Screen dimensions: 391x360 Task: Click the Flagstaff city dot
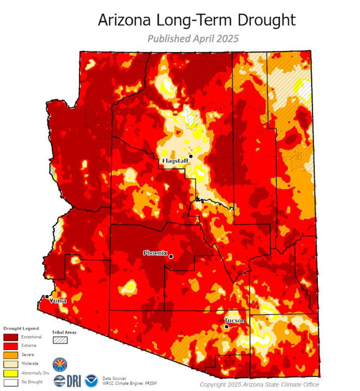point(191,156)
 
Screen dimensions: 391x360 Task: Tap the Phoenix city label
point(155,253)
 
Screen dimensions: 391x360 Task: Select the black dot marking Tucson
point(226,327)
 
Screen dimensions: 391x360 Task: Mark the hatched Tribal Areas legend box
point(60,340)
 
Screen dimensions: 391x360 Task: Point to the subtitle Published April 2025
point(193,38)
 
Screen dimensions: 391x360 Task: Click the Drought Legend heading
point(21,328)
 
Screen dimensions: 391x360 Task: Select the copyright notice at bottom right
point(259,384)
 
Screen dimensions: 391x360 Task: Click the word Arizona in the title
point(123,20)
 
